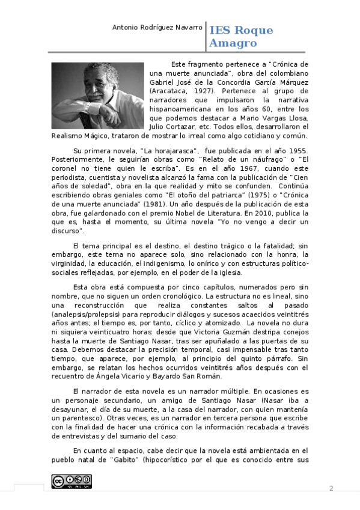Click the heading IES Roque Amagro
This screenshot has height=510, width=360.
[240, 37]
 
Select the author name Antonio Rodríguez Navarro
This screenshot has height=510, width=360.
[158, 28]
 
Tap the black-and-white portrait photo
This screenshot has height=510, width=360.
[98, 92]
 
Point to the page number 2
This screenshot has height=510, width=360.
[331, 488]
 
